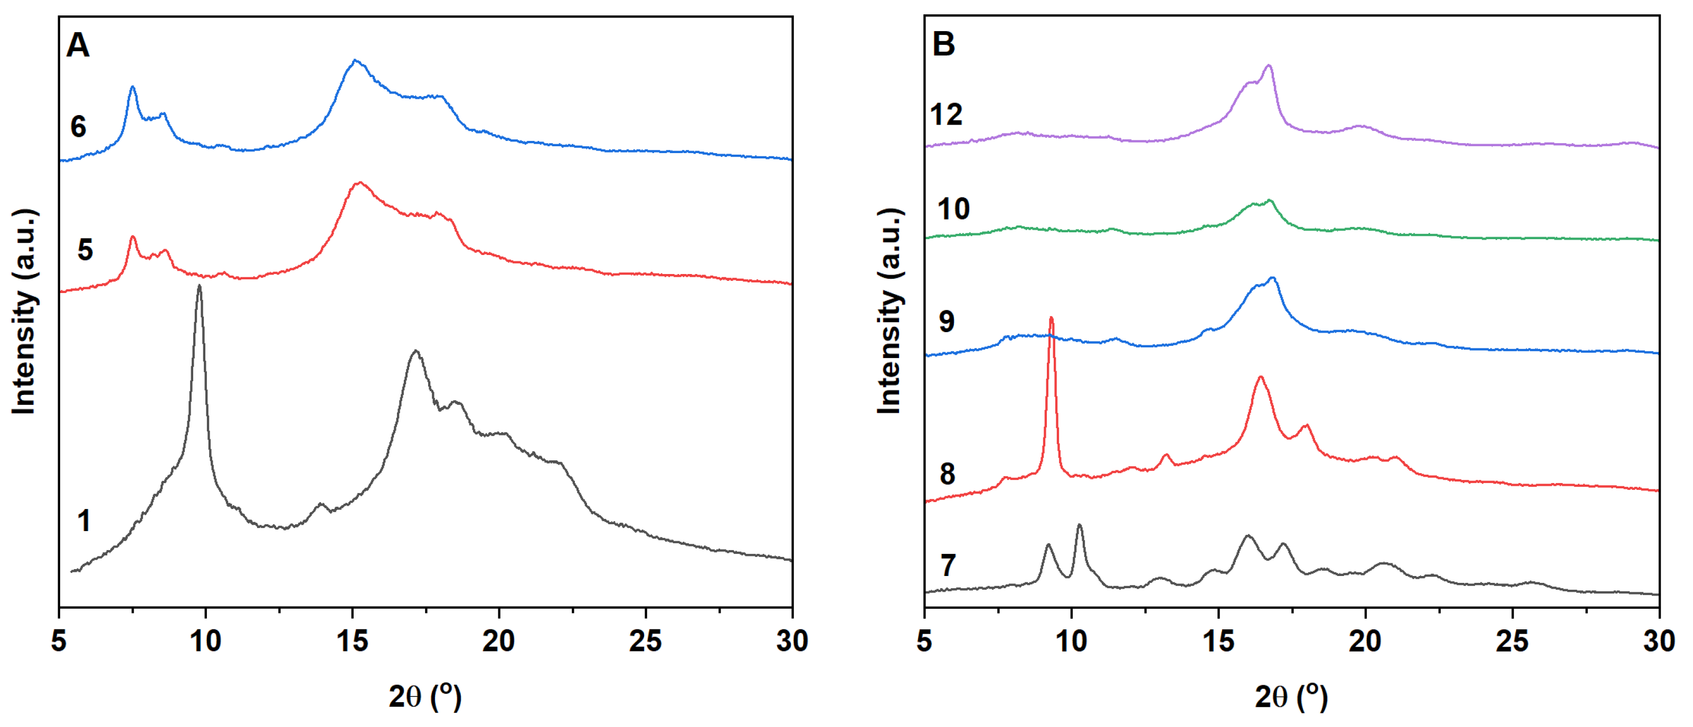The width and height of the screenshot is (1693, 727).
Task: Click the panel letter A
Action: tap(78, 46)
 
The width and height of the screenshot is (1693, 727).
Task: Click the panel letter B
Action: tap(943, 45)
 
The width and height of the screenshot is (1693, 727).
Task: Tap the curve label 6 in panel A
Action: tap(78, 127)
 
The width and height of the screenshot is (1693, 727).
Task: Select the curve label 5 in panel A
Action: tap(85, 250)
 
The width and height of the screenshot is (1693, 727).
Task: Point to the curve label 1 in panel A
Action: tap(83, 521)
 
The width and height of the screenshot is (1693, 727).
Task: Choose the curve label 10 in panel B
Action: tap(953, 209)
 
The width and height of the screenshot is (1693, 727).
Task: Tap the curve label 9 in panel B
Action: tap(947, 322)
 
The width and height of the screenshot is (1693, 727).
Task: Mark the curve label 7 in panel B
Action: tap(948, 565)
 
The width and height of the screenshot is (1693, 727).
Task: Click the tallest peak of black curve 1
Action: tap(199, 287)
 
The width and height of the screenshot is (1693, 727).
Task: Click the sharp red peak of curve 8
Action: tap(1051, 319)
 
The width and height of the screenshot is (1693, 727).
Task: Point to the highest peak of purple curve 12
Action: tap(1269, 66)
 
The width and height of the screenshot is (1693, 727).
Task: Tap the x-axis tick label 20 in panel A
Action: tap(498, 641)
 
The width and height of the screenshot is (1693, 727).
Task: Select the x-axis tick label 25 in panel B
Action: tap(1512, 641)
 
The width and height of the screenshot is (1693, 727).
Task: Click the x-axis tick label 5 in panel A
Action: tap(59, 641)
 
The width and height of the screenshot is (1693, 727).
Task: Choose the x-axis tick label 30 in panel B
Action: tap(1659, 641)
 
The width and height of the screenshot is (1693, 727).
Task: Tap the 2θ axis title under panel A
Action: tap(425, 697)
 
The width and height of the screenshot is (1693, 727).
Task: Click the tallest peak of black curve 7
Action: tap(1079, 525)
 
